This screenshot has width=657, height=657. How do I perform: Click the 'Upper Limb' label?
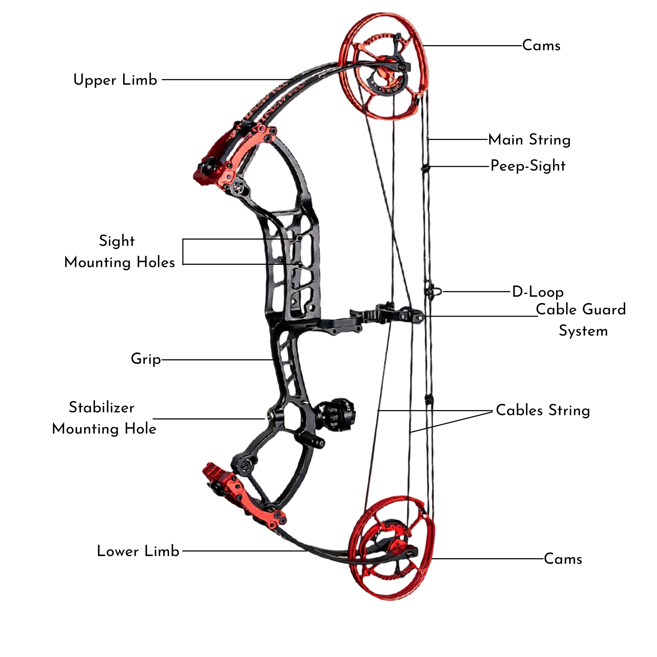[x=115, y=80]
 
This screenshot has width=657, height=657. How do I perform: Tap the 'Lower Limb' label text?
[x=138, y=551]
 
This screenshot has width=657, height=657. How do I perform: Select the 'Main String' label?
[x=529, y=140]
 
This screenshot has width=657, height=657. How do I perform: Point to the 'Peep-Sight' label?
[x=528, y=166]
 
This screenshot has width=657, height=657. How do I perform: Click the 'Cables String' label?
[x=543, y=410]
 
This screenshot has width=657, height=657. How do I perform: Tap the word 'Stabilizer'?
[x=102, y=407]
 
